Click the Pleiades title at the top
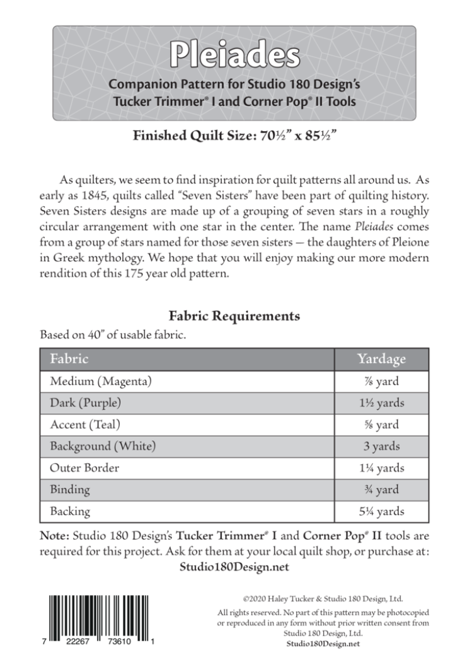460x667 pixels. pos(234,55)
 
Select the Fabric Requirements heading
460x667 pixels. pos(234,315)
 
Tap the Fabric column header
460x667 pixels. pos(69,359)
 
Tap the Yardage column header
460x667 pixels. pos(381,359)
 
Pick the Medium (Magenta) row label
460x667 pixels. pos(101,381)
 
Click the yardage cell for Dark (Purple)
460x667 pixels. pos(381,403)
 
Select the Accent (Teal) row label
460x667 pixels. pos(85,424)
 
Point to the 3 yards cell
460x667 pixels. pos(381,446)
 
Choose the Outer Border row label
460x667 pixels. pos(84,468)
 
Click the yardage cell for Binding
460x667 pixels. pos(381,489)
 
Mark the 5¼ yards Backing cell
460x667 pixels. pos(381,511)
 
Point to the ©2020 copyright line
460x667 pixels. pos(323,599)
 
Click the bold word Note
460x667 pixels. pos(55,536)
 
